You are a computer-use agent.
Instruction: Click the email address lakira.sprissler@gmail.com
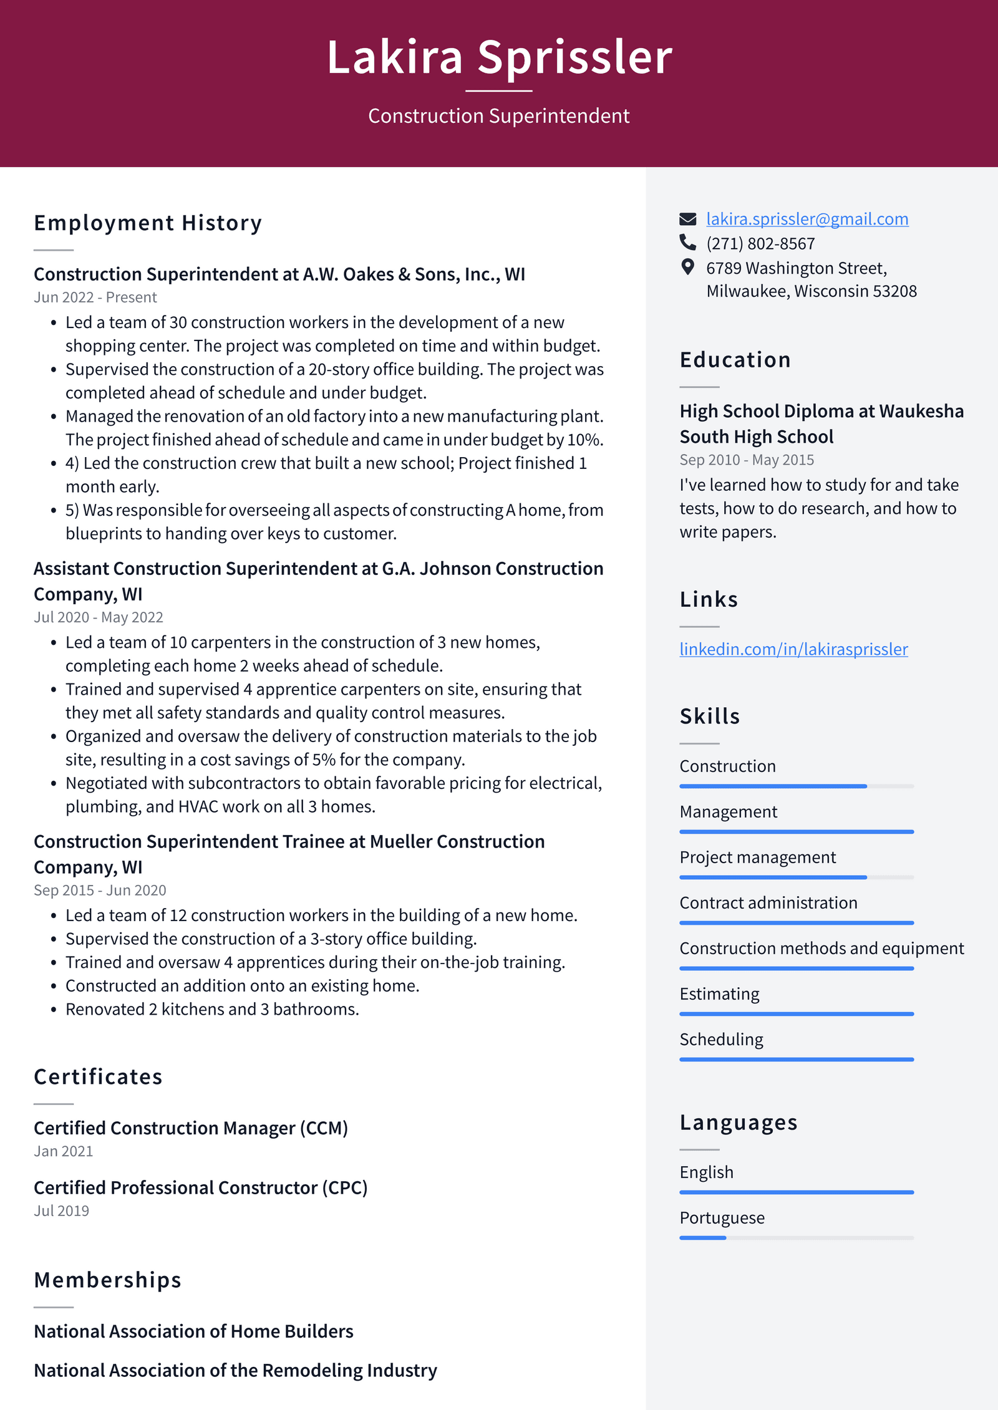(807, 219)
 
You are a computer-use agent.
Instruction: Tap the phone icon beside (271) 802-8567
(687, 242)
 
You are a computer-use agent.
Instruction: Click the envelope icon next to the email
(687, 219)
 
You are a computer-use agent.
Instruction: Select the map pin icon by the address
(687, 267)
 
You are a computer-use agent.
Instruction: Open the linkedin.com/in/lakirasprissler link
(793, 649)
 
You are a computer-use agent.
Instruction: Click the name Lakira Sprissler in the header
(499, 57)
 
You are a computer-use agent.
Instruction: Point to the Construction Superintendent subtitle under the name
(498, 116)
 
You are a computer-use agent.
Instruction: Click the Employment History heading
(148, 223)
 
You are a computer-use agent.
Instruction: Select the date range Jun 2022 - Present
(95, 297)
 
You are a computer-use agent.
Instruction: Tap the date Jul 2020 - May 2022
(98, 617)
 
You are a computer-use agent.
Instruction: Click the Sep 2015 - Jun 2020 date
(100, 891)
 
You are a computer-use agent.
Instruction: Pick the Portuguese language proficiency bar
(796, 1238)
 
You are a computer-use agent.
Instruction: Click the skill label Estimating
(719, 994)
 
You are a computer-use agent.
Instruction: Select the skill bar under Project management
(796, 877)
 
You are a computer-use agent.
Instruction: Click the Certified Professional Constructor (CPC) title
(200, 1188)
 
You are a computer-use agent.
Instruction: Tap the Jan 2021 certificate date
(63, 1151)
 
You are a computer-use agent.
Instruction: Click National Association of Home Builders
(193, 1331)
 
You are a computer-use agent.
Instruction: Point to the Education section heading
(735, 360)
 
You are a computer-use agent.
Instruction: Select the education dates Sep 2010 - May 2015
(746, 460)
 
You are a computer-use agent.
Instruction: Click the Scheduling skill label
(721, 1040)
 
